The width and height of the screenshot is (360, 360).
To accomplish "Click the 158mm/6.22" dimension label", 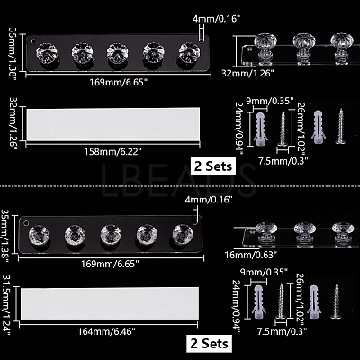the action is [112, 152].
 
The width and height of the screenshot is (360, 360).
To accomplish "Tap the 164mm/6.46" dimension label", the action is [107, 331].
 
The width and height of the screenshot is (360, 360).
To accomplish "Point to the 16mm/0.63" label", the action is [250, 255].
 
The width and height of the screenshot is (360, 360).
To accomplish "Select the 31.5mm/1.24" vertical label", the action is [6, 304].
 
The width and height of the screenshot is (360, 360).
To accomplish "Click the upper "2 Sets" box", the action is [213, 166].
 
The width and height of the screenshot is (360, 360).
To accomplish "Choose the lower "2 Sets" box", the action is [209, 343].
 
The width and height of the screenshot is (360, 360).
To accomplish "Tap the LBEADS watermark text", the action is [179, 180].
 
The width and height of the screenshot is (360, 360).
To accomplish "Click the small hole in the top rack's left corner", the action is [33, 40].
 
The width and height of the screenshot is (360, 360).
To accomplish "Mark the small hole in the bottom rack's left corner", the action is [26, 224].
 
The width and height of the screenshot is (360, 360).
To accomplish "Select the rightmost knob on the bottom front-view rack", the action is [183, 235].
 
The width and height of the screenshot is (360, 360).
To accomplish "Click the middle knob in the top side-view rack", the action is [304, 48].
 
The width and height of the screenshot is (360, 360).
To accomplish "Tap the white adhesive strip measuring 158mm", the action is [113, 124].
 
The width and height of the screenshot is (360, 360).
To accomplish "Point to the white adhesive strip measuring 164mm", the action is [110, 303].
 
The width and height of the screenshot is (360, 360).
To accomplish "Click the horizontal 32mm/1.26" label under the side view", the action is [247, 73].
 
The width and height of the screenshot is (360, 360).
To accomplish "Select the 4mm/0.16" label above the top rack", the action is [217, 20].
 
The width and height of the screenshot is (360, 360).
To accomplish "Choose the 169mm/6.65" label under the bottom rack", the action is [110, 264].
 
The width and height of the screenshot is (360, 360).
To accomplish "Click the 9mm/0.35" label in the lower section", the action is [264, 273].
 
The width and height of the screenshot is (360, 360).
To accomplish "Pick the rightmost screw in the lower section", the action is [337, 301].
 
